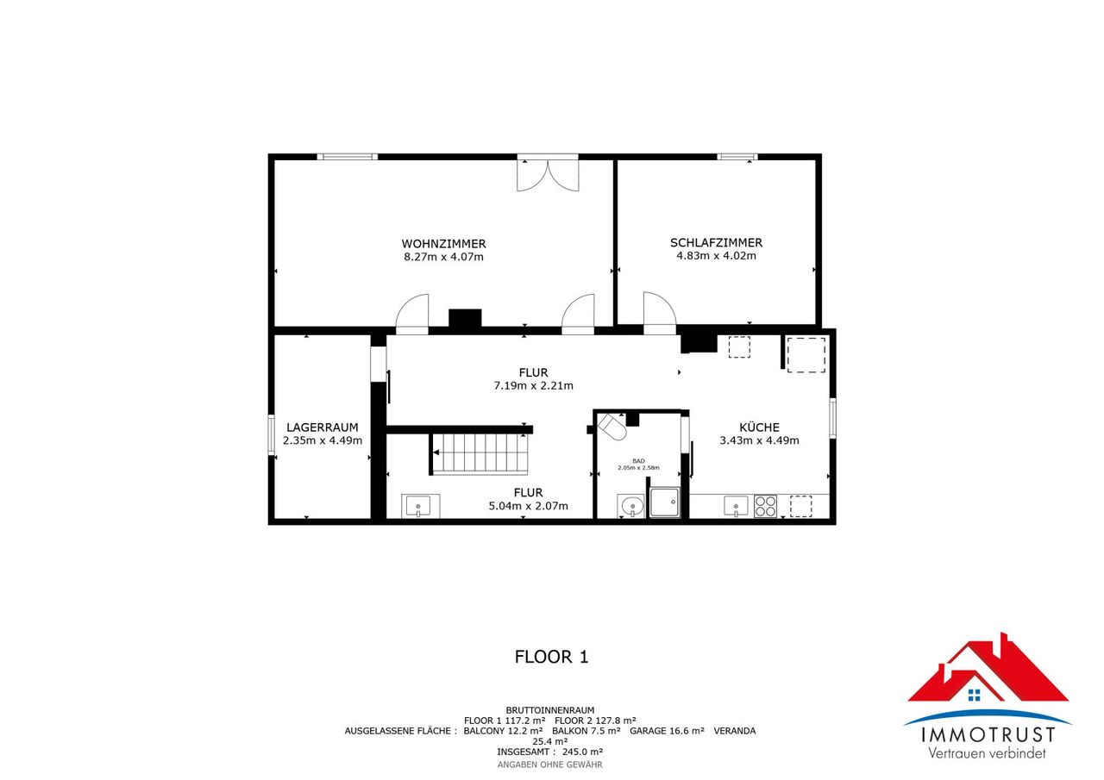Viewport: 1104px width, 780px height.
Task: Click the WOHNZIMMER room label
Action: point(443,244)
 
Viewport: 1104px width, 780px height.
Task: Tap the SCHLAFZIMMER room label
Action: point(716,243)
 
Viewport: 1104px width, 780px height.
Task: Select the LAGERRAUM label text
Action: point(323,427)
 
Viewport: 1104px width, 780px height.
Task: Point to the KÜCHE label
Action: point(759,427)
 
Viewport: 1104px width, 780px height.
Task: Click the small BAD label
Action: point(638,461)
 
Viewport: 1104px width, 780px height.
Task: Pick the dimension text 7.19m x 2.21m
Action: point(533,385)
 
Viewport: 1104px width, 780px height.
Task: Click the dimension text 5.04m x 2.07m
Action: point(529,506)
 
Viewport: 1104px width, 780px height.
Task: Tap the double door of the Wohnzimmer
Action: point(548,174)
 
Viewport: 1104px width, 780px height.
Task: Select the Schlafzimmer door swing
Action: point(660,309)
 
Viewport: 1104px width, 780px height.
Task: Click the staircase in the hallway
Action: point(480,453)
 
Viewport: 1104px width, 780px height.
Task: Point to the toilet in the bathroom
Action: point(612,427)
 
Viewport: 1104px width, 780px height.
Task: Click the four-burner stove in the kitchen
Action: point(765,506)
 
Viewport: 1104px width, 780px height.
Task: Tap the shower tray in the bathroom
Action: point(664,502)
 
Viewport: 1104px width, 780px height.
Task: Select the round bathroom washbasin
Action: point(630,506)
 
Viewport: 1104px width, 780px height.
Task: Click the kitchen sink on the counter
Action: point(736,506)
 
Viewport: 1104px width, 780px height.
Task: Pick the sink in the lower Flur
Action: point(418,506)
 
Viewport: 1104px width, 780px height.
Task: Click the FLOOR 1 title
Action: point(551,657)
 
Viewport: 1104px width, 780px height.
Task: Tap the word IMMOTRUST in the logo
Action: point(988,735)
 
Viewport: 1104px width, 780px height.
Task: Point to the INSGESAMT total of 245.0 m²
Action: point(550,752)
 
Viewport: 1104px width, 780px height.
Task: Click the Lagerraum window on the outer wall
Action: point(271,434)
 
